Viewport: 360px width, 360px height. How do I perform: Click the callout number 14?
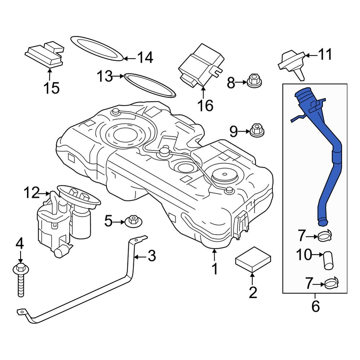(145, 58)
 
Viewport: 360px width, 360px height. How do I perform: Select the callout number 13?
(104, 76)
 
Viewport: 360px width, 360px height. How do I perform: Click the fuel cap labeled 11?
(292, 63)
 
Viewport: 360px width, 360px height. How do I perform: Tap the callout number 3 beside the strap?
(152, 256)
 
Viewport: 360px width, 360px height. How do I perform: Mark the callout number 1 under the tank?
(215, 269)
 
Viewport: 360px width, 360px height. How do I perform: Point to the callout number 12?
(31, 193)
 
